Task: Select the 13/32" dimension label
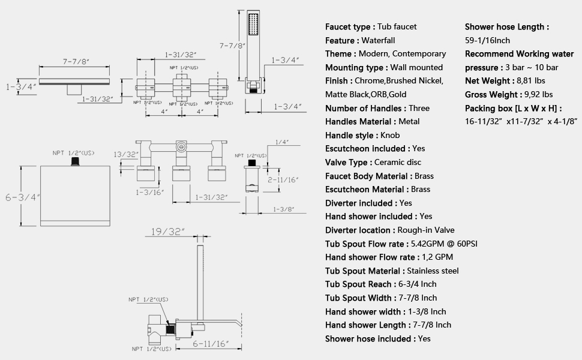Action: tap(127, 154)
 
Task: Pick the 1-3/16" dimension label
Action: tap(148, 193)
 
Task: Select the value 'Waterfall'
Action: tap(377, 40)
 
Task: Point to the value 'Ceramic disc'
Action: tap(397, 162)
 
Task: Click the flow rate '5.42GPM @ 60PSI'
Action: tap(443, 244)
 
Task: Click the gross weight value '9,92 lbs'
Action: tap(538, 94)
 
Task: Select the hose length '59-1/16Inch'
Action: tap(487, 40)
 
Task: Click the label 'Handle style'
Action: tap(350, 135)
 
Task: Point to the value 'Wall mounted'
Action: tap(415, 67)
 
